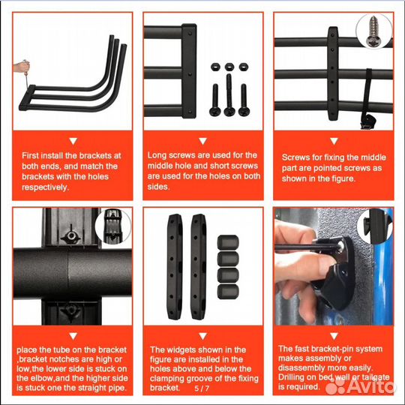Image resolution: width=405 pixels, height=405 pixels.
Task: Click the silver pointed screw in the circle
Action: click(x=373, y=31)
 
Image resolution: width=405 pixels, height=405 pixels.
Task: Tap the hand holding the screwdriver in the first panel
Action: click(x=21, y=67)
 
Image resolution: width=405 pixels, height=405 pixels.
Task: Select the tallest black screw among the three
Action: click(x=229, y=94)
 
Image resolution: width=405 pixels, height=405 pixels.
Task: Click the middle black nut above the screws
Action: click(x=229, y=67)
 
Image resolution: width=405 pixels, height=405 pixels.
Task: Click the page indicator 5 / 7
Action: click(x=202, y=388)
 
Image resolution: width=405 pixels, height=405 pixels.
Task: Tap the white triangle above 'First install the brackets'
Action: click(x=73, y=141)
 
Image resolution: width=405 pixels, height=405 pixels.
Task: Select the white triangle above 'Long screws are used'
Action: click(x=203, y=141)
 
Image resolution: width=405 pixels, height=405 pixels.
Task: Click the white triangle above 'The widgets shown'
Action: click(x=203, y=336)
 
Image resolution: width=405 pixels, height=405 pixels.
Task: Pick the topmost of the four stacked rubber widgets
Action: click(x=228, y=242)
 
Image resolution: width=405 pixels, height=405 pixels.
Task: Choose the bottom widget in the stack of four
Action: click(x=228, y=292)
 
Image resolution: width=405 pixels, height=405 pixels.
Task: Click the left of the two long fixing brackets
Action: click(x=174, y=267)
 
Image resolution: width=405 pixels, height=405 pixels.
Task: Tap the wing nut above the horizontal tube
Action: click(x=70, y=235)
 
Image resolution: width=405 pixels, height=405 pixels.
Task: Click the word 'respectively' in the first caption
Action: click(x=44, y=187)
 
